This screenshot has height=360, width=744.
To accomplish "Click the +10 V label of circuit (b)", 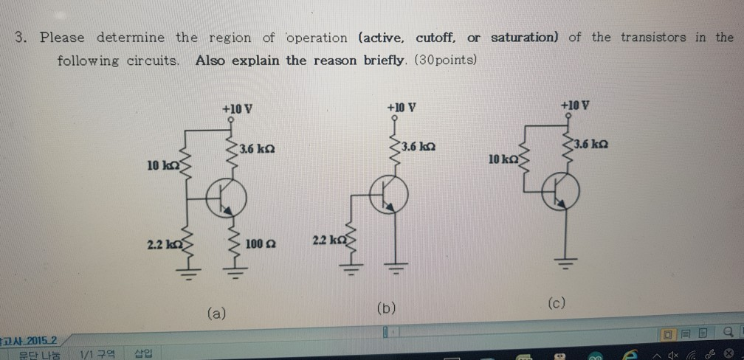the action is coord(402,106).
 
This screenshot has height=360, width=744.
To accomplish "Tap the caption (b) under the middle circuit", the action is coord(385,308).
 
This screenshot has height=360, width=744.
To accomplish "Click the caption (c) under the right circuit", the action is coord(557,303).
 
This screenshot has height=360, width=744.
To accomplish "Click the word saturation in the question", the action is coord(525,37).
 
